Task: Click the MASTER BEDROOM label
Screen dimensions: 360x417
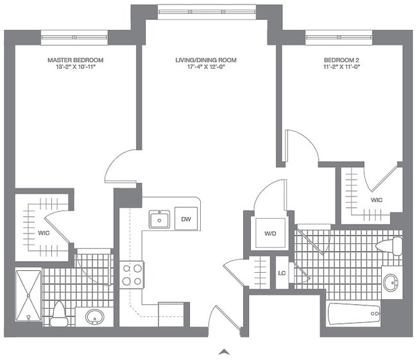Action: (76, 60)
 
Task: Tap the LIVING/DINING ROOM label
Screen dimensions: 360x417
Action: (206, 60)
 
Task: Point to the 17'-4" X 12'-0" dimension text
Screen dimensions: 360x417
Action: (206, 68)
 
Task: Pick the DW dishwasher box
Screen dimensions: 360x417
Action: (186, 219)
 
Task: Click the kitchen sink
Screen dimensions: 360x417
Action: (158, 219)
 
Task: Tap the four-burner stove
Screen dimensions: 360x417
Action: (132, 274)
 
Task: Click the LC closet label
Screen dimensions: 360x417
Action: (282, 273)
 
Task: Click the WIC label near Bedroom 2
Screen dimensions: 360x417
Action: (377, 200)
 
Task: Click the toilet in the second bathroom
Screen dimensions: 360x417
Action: (391, 246)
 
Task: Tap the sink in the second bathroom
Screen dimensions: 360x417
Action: (391, 282)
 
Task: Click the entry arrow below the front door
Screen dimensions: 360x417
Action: (224, 351)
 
